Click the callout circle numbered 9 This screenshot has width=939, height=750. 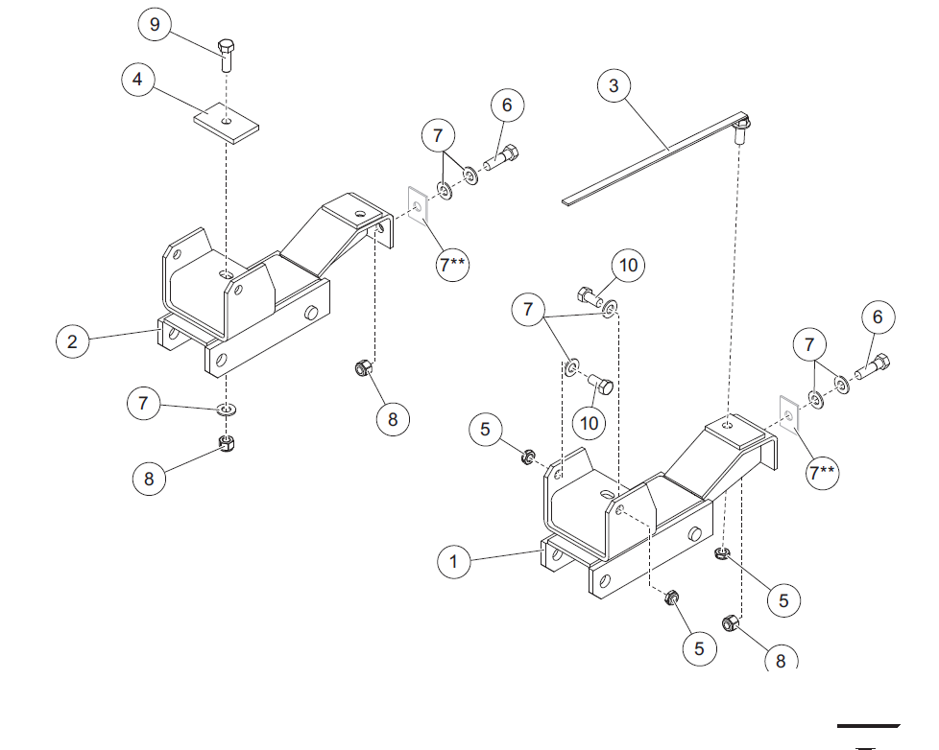click(x=155, y=25)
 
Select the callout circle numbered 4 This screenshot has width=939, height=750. click(x=137, y=79)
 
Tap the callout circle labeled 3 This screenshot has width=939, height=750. click(x=614, y=85)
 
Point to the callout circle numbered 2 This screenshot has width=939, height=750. click(x=72, y=341)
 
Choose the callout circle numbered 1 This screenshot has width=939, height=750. click(x=453, y=562)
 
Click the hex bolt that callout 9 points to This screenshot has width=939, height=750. click(x=227, y=55)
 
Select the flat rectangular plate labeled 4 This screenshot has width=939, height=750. click(x=227, y=123)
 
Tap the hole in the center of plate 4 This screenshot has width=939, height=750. click(x=226, y=122)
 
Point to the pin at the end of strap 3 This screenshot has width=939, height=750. click(x=741, y=130)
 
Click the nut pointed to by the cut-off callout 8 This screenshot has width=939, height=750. click(x=730, y=623)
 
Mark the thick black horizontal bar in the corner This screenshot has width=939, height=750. click(x=868, y=726)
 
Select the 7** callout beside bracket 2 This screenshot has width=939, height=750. click(x=453, y=264)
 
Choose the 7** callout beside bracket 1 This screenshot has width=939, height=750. click(x=822, y=473)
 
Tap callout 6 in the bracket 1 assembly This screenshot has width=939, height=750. click(x=878, y=317)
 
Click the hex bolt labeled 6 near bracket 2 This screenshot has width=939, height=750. click(x=500, y=158)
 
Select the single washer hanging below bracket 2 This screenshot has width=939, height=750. click(x=227, y=410)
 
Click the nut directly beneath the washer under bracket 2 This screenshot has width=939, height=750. click(x=227, y=443)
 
